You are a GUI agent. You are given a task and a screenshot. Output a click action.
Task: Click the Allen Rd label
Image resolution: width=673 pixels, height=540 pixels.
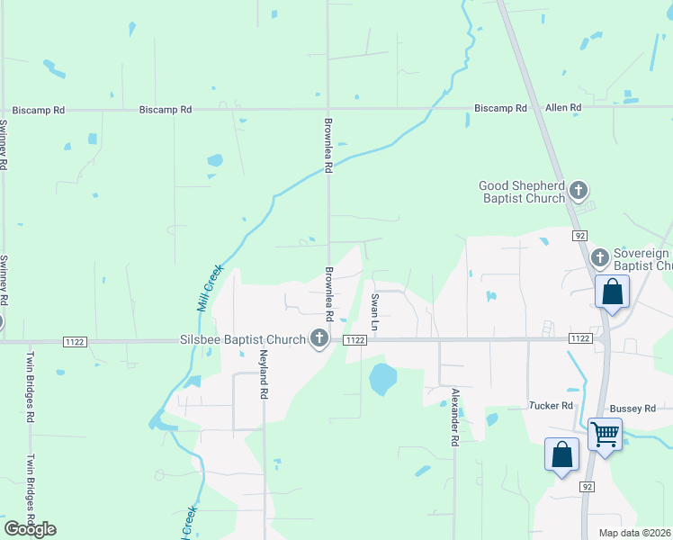coord(563,108)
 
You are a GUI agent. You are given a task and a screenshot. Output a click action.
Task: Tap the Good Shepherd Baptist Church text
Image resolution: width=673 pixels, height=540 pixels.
coord(522,191)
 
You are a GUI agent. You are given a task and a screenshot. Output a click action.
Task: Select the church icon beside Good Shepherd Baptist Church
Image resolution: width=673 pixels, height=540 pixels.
coord(578,191)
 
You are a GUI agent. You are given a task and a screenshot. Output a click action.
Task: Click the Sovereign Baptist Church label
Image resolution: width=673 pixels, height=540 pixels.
coord(642,259)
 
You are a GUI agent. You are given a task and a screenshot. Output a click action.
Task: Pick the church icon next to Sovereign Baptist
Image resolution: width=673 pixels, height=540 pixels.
coord(600,259)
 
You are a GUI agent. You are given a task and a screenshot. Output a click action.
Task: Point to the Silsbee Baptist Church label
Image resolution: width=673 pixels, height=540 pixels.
coord(242,339)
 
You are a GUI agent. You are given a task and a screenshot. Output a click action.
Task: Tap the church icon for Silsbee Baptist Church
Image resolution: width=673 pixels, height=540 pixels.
coord(319,338)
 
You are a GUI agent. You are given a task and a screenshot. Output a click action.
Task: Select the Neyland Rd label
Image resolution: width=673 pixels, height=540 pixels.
coord(265,374)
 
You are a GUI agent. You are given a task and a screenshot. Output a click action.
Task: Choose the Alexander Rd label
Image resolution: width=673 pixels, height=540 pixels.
coord(455,417)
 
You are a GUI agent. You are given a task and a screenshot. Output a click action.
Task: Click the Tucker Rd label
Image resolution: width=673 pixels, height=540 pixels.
coord(551,407)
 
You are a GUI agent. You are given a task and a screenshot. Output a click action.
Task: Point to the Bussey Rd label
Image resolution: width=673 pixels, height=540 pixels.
coord(633,409)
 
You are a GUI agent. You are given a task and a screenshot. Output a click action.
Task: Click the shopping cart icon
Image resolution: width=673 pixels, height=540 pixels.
coord(605,436)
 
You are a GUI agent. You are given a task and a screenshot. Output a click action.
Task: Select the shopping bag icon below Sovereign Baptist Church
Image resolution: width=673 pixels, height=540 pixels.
coord(612,292)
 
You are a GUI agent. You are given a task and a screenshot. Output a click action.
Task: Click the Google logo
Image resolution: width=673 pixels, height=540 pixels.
coord(30,529)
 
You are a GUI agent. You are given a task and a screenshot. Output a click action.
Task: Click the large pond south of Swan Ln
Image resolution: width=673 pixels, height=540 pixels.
coord(382,379)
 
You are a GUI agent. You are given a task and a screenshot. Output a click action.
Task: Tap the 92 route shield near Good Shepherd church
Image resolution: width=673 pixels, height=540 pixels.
coord(579,234)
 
